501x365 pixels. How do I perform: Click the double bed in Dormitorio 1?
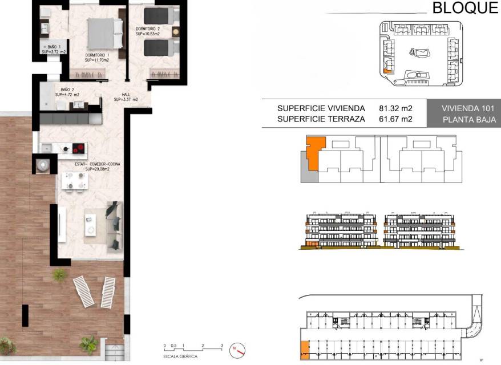pyautogui.click(x=106, y=34)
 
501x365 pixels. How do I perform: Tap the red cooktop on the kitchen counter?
pyautogui.click(x=79, y=148)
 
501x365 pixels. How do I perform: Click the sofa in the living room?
pyautogui.click(x=115, y=226)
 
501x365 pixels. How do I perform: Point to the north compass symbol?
pyautogui.click(x=237, y=350)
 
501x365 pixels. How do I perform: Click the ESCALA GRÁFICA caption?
pyautogui.click(x=180, y=356)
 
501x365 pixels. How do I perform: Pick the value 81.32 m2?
pyautogui.click(x=395, y=108)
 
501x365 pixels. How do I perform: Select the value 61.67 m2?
pyautogui.click(x=395, y=119)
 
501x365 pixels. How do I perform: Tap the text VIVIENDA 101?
pyautogui.click(x=468, y=108)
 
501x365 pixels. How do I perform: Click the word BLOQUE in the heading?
pyautogui.click(x=466, y=7)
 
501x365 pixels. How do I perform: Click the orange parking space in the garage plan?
pyautogui.click(x=305, y=350)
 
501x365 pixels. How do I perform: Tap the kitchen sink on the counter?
pyautogui.click(x=47, y=148)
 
